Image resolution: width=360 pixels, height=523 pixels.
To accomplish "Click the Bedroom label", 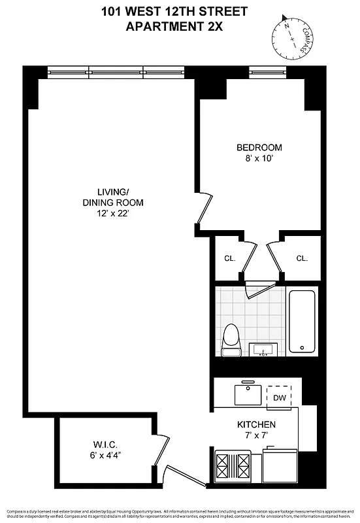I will coord(259,147).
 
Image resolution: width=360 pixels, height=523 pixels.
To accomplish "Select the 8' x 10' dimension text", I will coord(259,158).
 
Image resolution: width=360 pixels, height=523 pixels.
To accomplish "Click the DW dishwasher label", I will coord(278,397).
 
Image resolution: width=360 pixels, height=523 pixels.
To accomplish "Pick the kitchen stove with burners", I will coord(233,467).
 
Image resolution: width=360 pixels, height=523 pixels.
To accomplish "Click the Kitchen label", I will coord(255,424).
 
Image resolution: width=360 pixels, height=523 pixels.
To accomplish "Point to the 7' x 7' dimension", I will coord(255,435).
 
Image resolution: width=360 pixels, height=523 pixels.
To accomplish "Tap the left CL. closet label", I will coord(229,258).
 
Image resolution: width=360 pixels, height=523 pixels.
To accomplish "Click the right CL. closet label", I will coord(301,258).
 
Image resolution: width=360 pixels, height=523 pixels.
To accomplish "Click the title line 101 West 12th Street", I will coord(174,11).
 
